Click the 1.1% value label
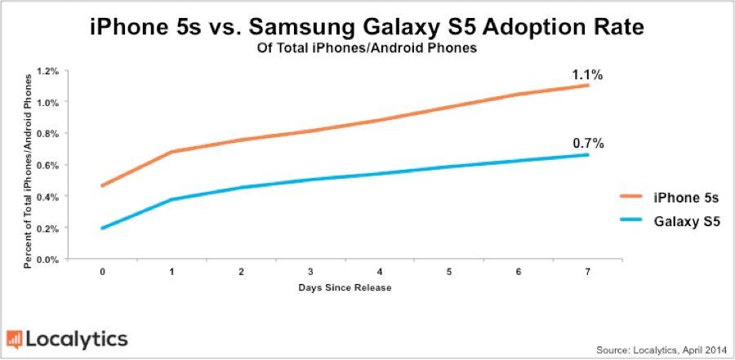click(x=587, y=75)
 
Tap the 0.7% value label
click(x=587, y=144)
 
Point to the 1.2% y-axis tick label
click(x=48, y=71)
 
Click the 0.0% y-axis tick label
click(x=48, y=260)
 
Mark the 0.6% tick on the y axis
click(x=48, y=166)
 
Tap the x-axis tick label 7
click(x=588, y=271)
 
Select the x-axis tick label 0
click(x=102, y=271)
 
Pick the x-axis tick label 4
click(x=380, y=271)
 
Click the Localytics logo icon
click(x=15, y=339)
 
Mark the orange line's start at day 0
click(x=102, y=185)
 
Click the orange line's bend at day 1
click(x=171, y=151)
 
